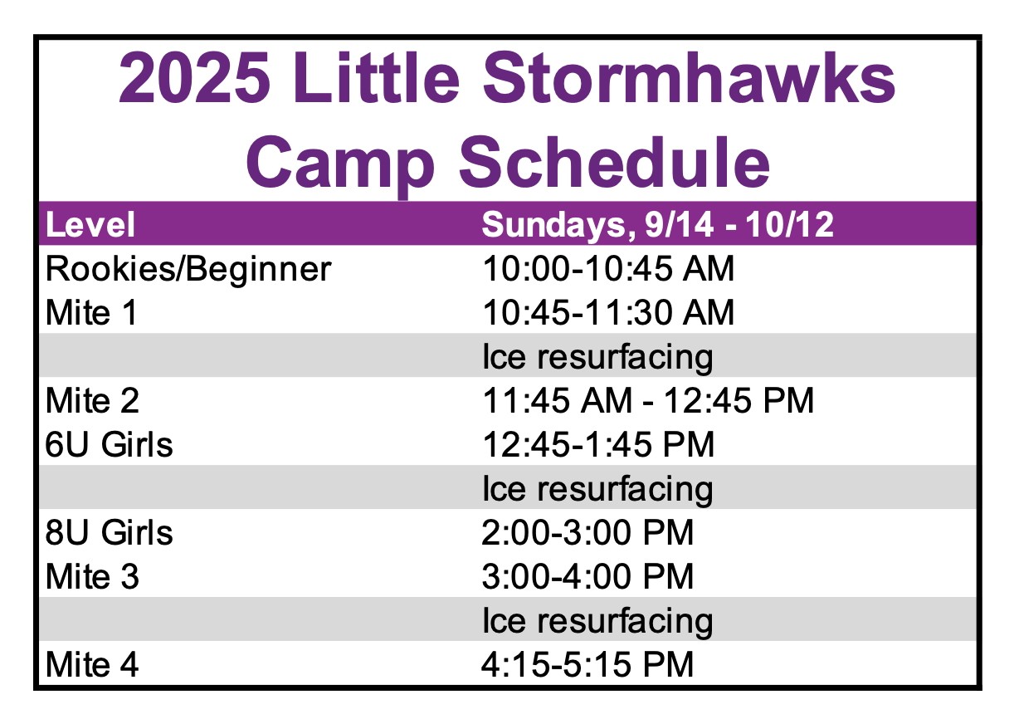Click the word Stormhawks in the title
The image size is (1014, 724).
(x=689, y=78)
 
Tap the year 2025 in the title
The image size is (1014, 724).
(x=195, y=78)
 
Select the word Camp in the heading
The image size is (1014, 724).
(x=340, y=163)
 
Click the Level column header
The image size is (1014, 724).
(x=90, y=224)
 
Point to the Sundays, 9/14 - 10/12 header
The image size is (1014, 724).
(x=657, y=224)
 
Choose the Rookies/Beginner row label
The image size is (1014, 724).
(x=188, y=270)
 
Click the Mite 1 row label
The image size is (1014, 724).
(x=91, y=313)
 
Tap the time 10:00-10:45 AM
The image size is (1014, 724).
(x=607, y=269)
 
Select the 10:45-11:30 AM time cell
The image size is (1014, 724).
(x=607, y=313)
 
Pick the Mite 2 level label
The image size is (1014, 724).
(x=92, y=400)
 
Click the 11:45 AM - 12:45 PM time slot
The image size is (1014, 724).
(x=648, y=400)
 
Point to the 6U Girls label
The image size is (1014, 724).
(x=109, y=444)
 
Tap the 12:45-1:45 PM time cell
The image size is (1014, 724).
(x=598, y=444)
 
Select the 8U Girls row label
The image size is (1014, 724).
(x=109, y=533)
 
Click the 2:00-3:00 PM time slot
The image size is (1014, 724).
(x=587, y=532)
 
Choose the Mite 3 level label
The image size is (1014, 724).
(x=92, y=576)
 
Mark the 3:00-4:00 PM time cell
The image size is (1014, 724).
(x=587, y=576)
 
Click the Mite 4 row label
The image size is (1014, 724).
(x=92, y=665)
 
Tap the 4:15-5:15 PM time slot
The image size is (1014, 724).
(x=587, y=665)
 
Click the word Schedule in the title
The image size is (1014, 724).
(x=614, y=161)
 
